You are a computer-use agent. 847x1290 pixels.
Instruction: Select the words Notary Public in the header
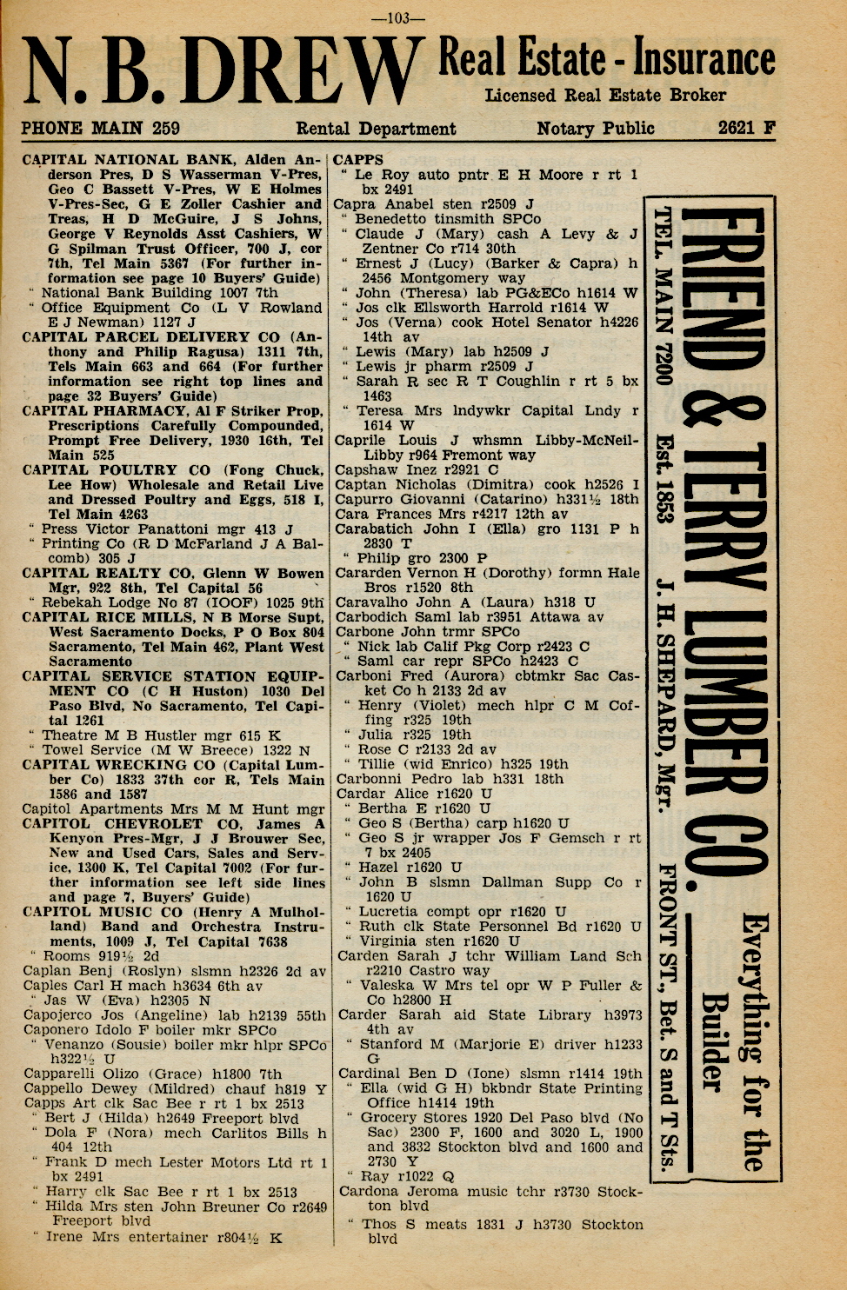coord(595,129)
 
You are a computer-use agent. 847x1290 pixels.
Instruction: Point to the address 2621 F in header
coord(746,128)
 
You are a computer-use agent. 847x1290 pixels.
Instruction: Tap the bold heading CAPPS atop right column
coord(357,160)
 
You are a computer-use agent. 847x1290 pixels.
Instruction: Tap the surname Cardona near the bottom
coord(368,1192)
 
